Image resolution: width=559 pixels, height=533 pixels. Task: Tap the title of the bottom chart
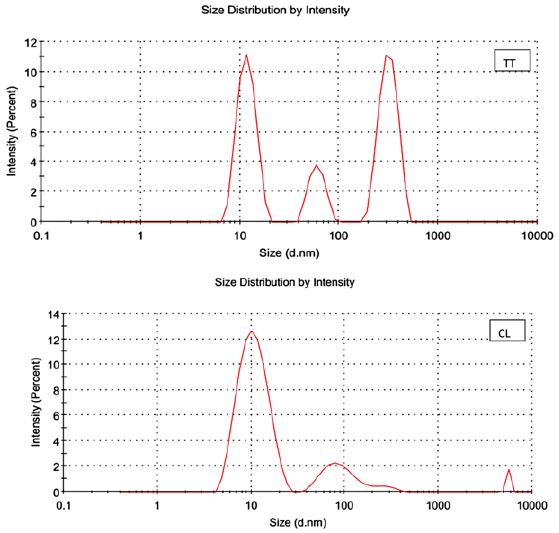tap(284, 282)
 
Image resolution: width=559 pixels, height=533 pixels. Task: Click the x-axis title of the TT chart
tap(289, 253)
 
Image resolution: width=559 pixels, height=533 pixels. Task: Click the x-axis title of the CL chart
tap(298, 522)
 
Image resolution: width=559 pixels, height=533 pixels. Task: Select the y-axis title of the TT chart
tap(12, 131)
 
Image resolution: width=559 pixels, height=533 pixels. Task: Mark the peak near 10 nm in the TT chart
tap(246, 55)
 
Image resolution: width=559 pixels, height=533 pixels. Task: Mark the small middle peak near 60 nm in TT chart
tap(316, 165)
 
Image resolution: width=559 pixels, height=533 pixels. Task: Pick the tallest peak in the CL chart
tap(251, 331)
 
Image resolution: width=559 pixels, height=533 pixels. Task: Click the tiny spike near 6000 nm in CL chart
tap(508, 470)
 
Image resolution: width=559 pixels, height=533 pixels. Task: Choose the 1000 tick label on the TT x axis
tap(437, 236)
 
